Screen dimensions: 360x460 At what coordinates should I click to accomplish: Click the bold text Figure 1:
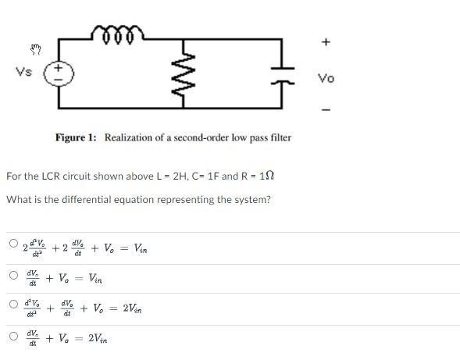click(x=76, y=137)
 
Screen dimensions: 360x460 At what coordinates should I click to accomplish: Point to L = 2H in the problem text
click(x=137, y=176)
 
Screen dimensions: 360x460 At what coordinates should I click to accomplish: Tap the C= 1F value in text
click(x=184, y=176)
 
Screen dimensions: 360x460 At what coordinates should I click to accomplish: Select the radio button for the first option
click(x=13, y=244)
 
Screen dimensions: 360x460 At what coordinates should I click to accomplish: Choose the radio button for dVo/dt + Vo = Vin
click(x=13, y=275)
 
